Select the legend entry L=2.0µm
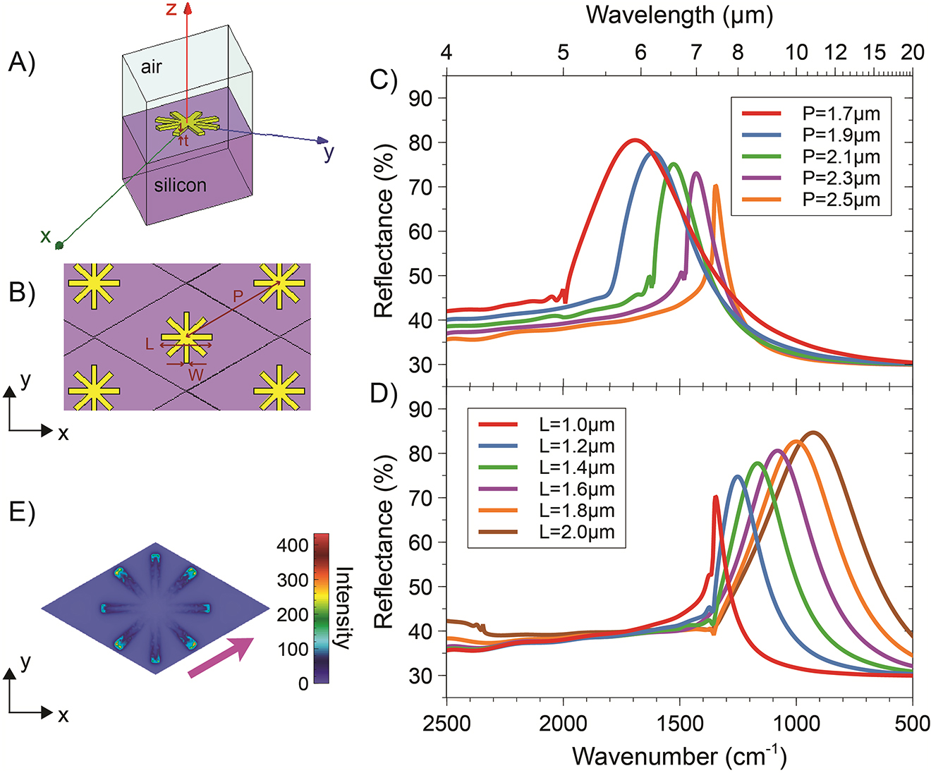576,532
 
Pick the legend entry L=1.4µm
576,468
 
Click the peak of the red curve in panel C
635,140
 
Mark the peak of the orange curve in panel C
716,185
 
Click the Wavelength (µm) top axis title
679,14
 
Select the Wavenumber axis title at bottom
679,756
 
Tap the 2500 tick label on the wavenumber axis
446,724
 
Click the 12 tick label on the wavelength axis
836,51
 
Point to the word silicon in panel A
180,185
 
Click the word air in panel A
151,67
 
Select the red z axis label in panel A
171,10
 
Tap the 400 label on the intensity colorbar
293,545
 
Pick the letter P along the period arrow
238,298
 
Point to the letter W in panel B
195,375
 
